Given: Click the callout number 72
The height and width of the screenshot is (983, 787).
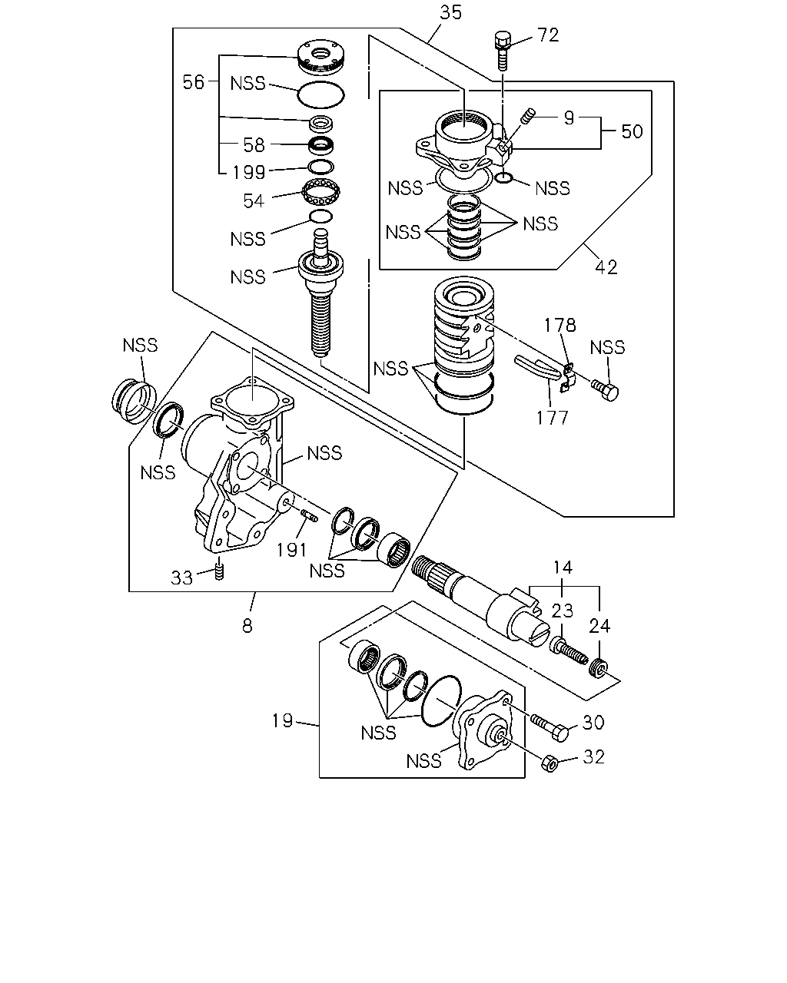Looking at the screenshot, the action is click(548, 35).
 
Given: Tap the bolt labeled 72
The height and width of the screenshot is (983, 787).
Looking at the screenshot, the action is click(503, 50).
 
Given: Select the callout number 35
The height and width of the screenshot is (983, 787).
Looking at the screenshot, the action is click(451, 13).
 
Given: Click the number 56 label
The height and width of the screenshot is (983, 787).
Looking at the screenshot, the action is click(194, 82).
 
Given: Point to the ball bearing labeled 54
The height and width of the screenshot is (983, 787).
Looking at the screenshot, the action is click(321, 191).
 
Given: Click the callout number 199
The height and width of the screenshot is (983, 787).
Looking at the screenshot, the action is click(249, 172).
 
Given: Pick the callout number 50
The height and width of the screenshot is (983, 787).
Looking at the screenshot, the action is click(632, 131).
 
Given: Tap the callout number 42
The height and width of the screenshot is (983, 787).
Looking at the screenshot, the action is click(606, 267).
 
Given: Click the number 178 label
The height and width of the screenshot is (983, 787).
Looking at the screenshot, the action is click(560, 325).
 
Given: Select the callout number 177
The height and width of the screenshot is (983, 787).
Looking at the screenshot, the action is click(553, 418).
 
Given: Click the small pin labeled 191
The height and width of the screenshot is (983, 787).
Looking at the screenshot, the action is click(309, 517).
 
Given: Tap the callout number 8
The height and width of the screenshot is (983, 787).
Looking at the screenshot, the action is click(247, 626).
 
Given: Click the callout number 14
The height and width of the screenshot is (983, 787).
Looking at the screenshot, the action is click(563, 568).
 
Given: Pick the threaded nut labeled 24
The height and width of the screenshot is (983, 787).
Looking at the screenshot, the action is click(598, 669).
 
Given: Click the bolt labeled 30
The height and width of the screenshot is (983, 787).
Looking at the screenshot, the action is click(550, 728).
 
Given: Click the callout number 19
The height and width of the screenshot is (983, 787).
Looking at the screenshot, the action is click(283, 721).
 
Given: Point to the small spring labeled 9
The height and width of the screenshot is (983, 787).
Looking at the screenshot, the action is click(527, 114).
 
